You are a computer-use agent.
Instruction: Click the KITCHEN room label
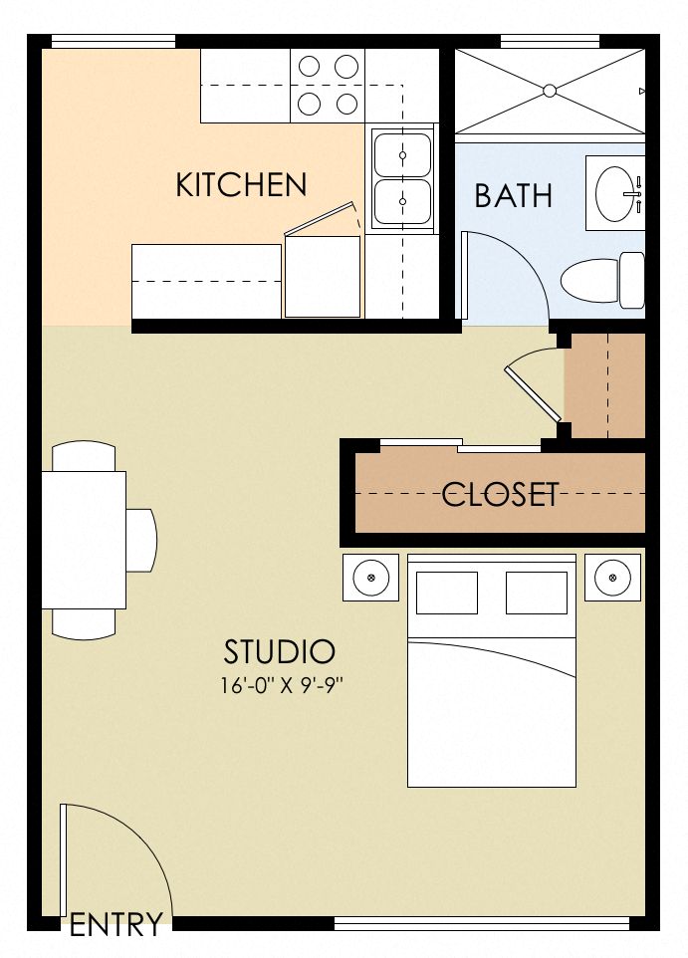click(241, 184)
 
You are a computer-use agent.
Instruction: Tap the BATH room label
click(513, 195)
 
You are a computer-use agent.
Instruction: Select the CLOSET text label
click(501, 494)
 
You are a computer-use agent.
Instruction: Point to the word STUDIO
click(280, 651)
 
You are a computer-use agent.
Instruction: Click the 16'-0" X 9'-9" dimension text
click(281, 685)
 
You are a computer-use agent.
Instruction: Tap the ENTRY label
click(116, 924)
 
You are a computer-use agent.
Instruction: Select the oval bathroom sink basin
click(616, 193)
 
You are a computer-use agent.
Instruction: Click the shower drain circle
click(550, 91)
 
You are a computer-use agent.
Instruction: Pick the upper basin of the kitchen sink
click(402, 154)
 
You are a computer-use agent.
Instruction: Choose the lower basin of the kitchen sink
click(402, 201)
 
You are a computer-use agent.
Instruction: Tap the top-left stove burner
click(310, 65)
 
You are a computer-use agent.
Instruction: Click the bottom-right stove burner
click(346, 104)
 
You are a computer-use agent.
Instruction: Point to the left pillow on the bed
click(447, 593)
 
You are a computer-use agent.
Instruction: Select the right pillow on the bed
click(537, 593)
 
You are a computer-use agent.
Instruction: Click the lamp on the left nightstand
click(371, 577)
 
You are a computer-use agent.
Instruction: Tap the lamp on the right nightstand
click(613, 577)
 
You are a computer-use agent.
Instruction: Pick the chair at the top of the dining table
click(84, 456)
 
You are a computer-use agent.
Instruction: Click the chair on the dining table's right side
click(141, 540)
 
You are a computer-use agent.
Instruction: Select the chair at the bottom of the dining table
click(84, 623)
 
